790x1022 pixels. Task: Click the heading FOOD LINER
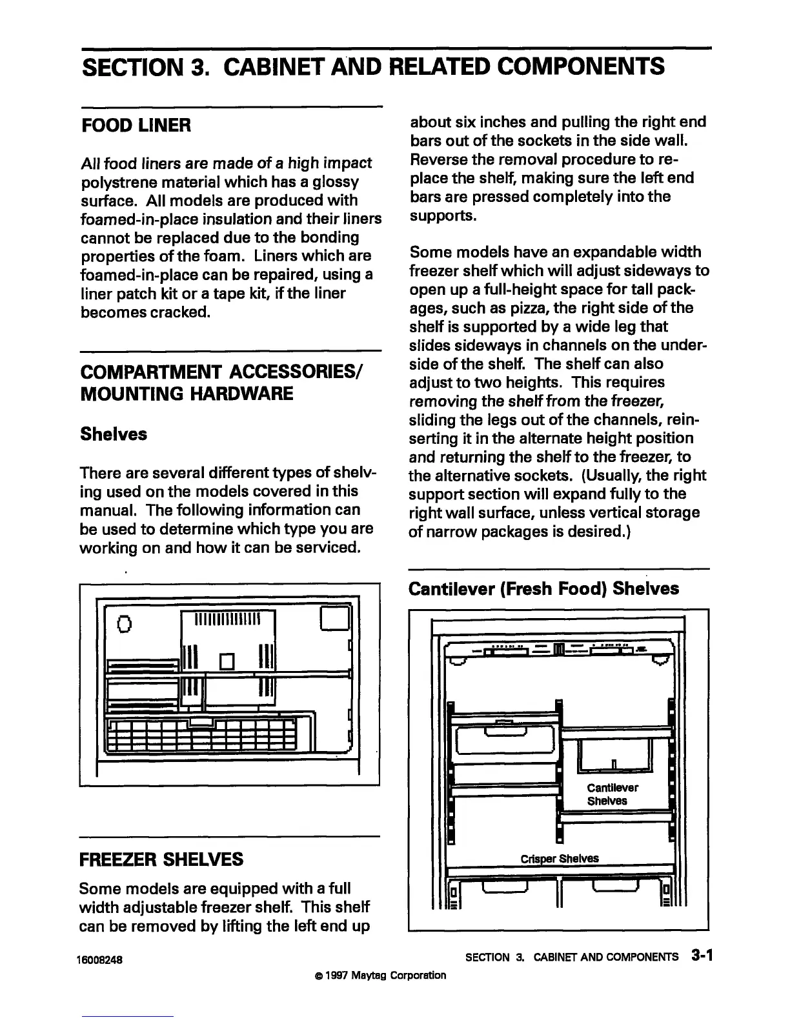pos(136,125)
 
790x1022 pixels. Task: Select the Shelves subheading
pos(114,434)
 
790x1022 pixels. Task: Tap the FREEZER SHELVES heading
pos(161,859)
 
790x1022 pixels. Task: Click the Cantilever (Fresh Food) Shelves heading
pos(544,588)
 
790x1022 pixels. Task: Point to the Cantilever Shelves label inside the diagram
pos(612,794)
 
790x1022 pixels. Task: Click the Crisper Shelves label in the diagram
pos(560,858)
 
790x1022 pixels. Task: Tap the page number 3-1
pos(700,956)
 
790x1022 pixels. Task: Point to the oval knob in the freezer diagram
pos(124,624)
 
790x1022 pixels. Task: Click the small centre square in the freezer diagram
pos(226,661)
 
